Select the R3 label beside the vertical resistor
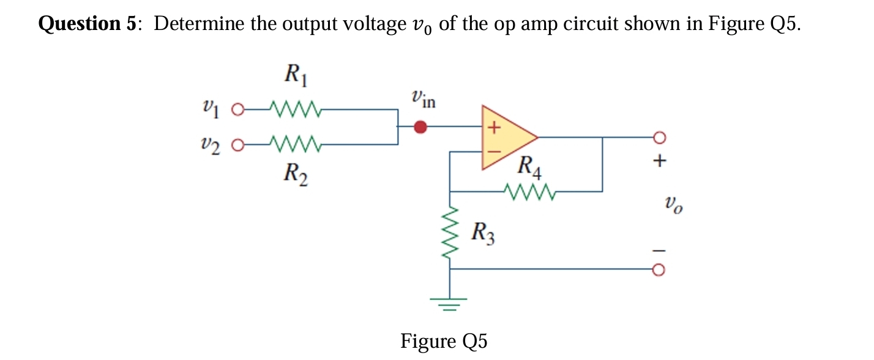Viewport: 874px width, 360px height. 484,233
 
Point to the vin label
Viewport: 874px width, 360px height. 424,98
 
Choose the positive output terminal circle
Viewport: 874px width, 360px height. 660,137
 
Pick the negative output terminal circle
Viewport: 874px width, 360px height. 660,269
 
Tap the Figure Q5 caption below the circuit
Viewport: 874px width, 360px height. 444,341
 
